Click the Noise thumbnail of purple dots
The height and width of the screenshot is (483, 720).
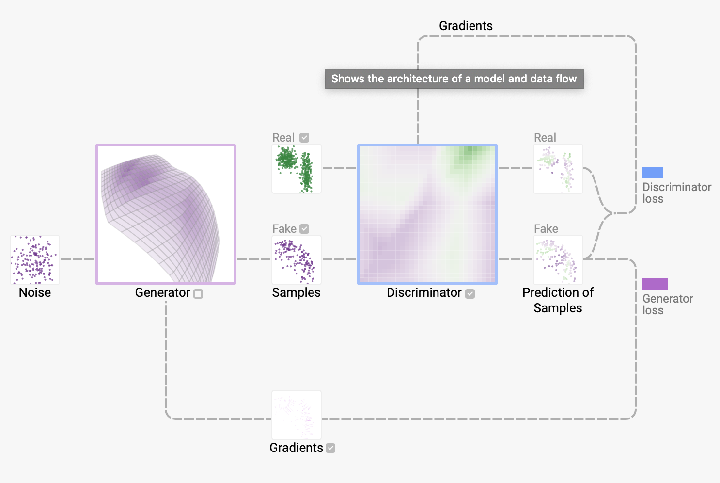click(35, 260)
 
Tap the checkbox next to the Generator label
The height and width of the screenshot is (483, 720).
click(198, 294)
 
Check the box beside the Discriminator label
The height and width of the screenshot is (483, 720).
click(470, 294)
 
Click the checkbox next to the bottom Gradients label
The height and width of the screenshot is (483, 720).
click(330, 448)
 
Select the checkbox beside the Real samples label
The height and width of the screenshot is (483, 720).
click(304, 138)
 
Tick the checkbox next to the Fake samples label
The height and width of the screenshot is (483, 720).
click(304, 229)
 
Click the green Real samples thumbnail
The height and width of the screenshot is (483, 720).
click(297, 169)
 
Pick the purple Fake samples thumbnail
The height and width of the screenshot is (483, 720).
click(297, 260)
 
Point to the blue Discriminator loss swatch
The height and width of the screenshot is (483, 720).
click(653, 173)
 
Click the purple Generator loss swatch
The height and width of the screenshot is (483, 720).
click(655, 284)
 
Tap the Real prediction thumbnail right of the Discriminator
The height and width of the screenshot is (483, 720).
click(558, 169)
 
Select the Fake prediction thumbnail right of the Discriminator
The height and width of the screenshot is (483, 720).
click(558, 260)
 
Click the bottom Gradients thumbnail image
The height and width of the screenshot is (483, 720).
click(297, 415)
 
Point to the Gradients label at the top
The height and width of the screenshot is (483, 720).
click(466, 26)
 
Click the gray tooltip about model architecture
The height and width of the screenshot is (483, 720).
click(454, 79)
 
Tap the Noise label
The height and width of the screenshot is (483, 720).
click(35, 293)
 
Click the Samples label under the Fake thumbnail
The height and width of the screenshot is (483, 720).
click(296, 293)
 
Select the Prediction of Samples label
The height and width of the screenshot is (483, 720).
click(558, 300)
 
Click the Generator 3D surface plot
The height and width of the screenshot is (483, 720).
click(166, 214)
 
